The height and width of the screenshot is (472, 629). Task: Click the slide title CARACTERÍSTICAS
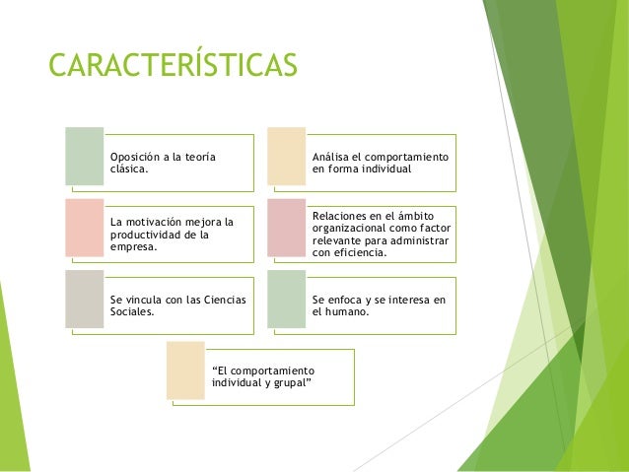(173, 65)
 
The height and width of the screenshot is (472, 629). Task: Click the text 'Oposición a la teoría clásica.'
(163, 163)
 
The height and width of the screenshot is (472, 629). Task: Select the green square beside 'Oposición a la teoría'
(84, 156)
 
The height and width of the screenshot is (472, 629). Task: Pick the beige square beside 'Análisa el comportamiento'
(287, 156)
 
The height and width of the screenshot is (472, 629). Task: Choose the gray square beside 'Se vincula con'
(84, 300)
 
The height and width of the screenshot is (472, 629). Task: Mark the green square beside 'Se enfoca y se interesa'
(287, 300)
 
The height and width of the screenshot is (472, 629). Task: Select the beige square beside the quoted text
(185, 371)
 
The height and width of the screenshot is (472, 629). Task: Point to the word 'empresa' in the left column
(132, 246)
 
